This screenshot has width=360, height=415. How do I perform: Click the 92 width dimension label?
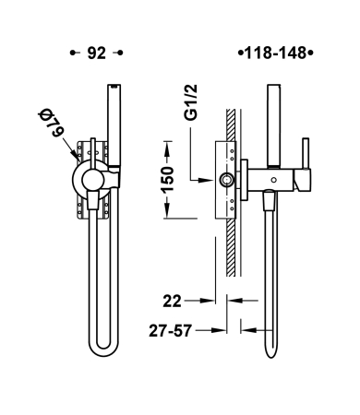tap(97, 53)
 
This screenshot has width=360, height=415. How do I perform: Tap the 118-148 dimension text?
tap(276, 53)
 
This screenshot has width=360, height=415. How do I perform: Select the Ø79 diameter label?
tap(51, 123)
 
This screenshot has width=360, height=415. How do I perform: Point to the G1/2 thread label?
tap(191, 102)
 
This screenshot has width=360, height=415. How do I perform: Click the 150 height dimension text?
tap(168, 179)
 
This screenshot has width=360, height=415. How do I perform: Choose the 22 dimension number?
tap(172, 302)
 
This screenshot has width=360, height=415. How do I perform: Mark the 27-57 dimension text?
tap(170, 331)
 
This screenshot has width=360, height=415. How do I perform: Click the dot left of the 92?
tap(73, 53)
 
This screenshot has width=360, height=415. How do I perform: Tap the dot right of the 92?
tap(120, 53)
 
